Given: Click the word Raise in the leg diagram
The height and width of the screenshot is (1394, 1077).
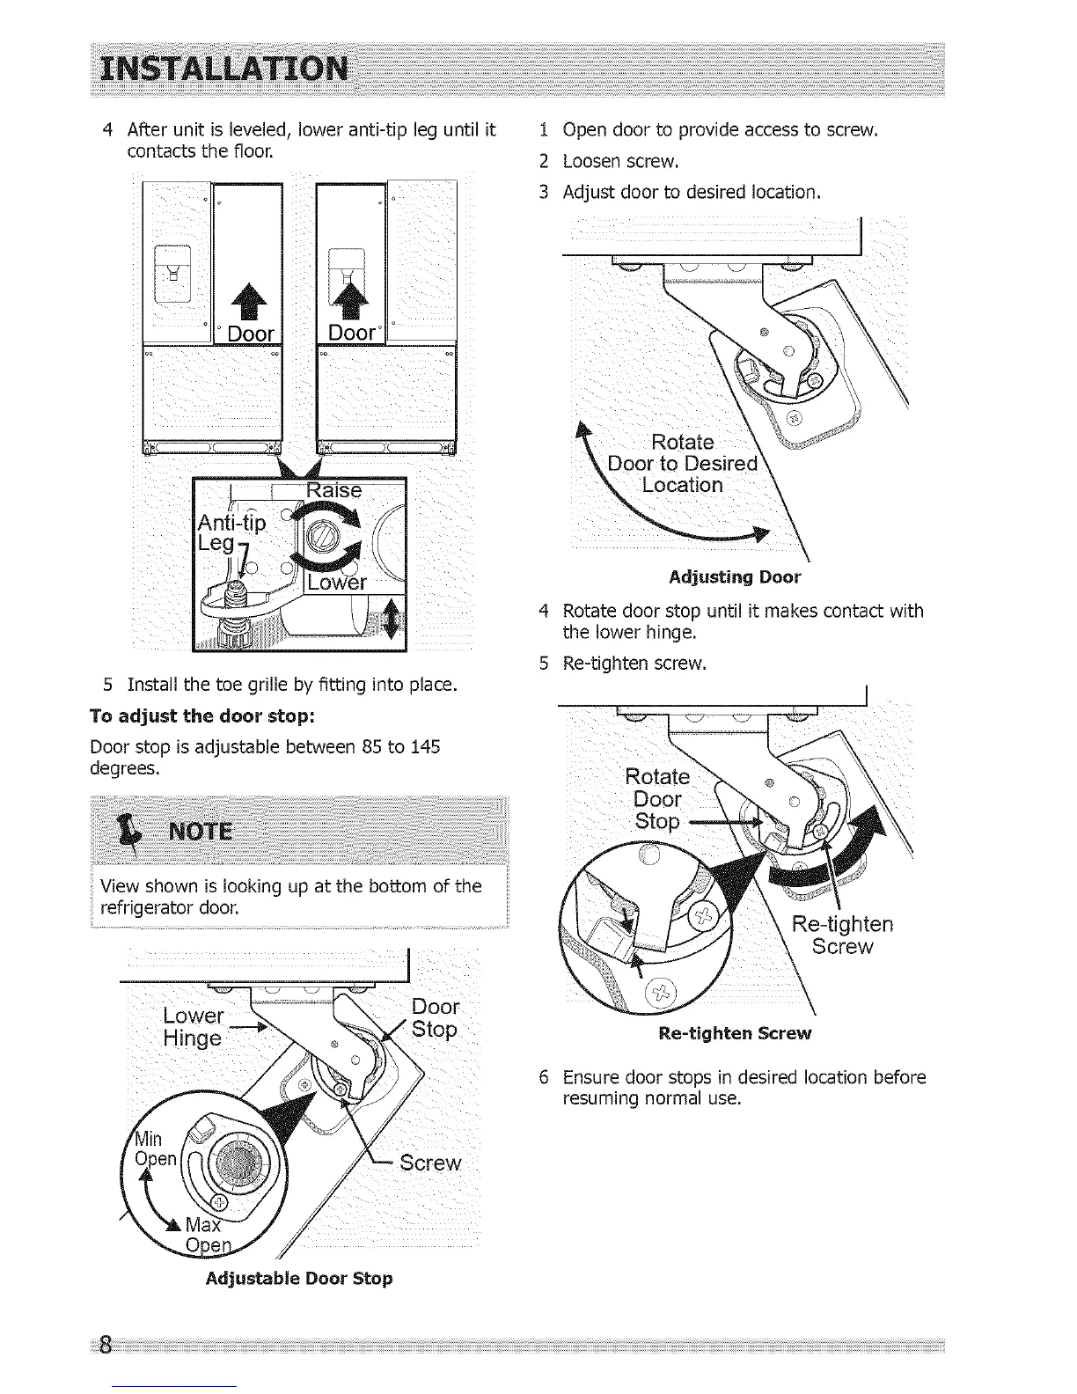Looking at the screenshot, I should [333, 490].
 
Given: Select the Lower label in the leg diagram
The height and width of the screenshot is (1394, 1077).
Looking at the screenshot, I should [335, 583].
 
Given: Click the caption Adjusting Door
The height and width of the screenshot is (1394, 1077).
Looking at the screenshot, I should [735, 577].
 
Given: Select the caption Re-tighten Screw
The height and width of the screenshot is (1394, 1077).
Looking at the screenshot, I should [735, 1032].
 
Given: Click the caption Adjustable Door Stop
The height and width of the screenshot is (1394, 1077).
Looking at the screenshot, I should [298, 1278].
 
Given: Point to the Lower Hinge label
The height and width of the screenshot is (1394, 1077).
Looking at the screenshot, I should [194, 1027].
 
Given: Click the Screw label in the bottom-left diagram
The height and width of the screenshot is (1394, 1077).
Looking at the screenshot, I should [429, 1163].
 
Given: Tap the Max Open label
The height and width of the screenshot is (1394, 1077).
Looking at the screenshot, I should [208, 1236].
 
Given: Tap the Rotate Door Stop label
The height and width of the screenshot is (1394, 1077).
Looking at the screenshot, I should [657, 799].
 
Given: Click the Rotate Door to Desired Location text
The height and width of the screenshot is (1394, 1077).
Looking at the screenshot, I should [683, 463].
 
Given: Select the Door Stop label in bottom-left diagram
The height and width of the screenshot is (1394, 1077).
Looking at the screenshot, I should [435, 1018].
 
